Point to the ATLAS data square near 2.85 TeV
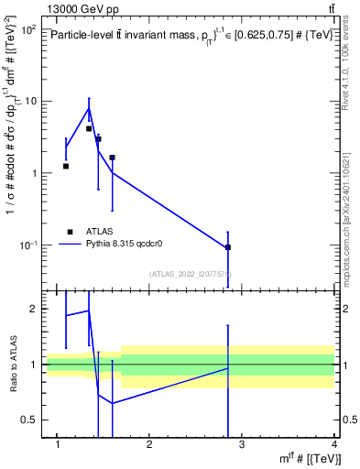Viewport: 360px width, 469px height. [x=228, y=247]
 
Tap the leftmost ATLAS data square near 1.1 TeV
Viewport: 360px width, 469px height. [x=66, y=166]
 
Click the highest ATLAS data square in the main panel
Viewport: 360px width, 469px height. [x=89, y=129]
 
